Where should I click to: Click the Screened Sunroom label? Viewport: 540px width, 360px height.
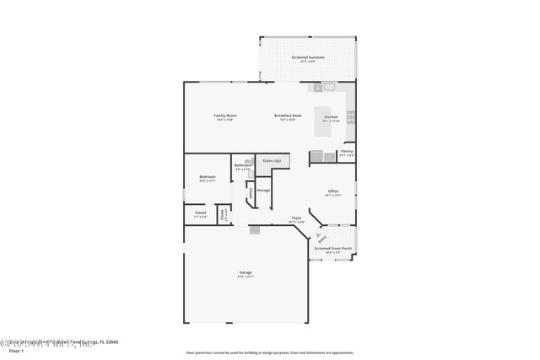308,58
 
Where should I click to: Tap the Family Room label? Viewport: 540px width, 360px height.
224,116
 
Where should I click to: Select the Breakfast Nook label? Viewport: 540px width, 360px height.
288,116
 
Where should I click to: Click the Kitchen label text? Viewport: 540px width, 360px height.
332,118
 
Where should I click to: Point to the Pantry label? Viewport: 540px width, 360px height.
347,153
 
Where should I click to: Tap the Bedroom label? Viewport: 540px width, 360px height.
208,178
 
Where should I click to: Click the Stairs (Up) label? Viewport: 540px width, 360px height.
272,159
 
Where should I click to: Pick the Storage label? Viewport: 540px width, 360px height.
263,191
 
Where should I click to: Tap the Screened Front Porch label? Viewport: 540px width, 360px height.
333,250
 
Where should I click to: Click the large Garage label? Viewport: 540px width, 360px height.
246,274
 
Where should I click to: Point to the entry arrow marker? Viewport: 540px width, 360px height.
321,239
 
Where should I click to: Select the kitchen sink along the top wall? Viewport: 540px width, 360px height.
329,86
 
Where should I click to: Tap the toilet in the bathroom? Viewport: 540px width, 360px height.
248,159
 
